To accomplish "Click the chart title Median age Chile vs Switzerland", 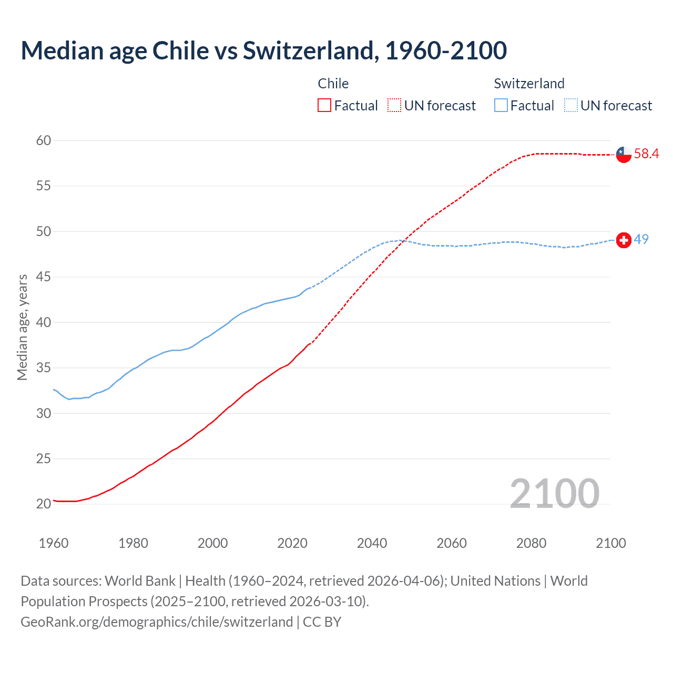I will [263, 50].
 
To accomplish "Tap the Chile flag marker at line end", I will [624, 154].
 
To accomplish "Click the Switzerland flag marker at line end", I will [624, 240].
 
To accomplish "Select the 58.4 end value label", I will [646, 154].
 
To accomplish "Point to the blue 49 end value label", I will [641, 239].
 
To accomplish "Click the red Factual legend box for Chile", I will [324, 106].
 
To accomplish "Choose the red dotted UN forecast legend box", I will [394, 106].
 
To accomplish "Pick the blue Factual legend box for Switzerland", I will [501, 106].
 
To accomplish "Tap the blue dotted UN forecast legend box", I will [571, 106].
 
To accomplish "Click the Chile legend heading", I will [333, 84].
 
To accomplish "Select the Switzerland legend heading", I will [529, 84].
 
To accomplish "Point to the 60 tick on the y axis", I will [44, 140].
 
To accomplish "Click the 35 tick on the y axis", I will [44, 368].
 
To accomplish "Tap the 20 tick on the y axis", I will [44, 504].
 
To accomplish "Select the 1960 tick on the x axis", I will [54, 543].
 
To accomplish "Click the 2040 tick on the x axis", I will [372, 543].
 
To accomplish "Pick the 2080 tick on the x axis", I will [531, 543].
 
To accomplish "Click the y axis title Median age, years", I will [22, 327].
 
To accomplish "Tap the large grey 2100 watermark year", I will [554, 493].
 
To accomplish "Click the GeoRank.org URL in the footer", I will [157, 621].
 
